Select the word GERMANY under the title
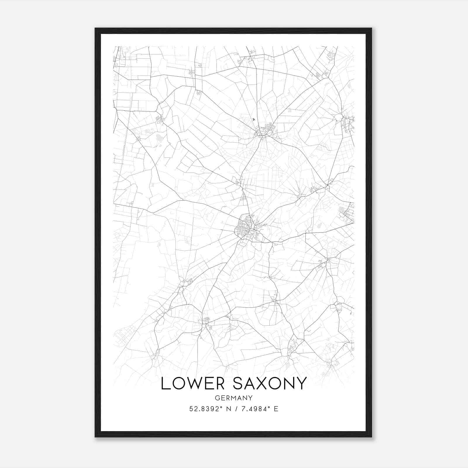coord(233,398)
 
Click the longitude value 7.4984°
coord(254,409)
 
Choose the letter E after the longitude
coord(276,409)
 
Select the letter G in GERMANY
coord(217,398)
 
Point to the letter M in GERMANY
coord(233,398)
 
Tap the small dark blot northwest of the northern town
coord(254,119)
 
